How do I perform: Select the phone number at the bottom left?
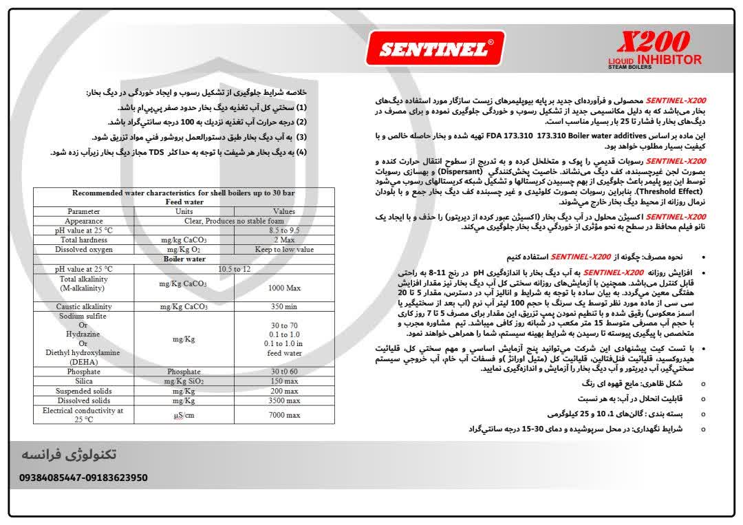click(x=83, y=478)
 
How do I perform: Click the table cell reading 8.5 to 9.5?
click(x=284, y=231)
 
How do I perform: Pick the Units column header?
click(x=184, y=211)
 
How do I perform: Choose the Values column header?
click(x=284, y=211)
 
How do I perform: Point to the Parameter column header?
click(x=83, y=211)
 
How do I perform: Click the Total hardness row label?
click(x=83, y=240)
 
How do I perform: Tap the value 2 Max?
click(x=284, y=240)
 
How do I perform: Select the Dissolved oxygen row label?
click(x=83, y=250)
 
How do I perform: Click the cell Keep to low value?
click(x=284, y=250)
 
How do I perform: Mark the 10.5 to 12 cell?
click(x=234, y=268)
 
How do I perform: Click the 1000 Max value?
click(x=284, y=288)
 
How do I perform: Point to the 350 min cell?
click(x=284, y=306)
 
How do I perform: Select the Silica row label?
click(x=83, y=381)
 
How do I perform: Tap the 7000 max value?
click(x=284, y=415)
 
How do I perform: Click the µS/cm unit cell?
click(x=184, y=415)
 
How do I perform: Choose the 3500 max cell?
click(x=284, y=400)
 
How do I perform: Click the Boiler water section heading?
click(x=184, y=259)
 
